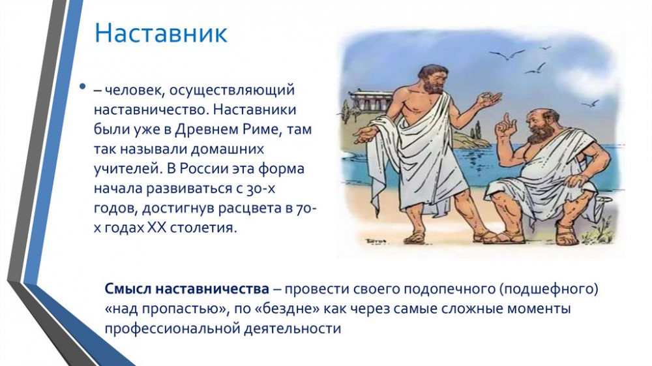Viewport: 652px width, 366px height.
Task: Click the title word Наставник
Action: pyautogui.click(x=160, y=33)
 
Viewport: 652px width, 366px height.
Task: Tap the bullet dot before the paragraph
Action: pyautogui.click(x=83, y=87)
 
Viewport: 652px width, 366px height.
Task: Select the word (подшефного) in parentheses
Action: pyautogui.click(x=548, y=289)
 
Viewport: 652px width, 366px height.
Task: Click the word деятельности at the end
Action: pyautogui.click(x=292, y=329)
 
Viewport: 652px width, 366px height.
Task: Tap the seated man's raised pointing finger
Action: pyautogui.click(x=503, y=120)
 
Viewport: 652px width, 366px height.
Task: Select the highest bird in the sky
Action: pyautogui.click(x=545, y=48)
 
